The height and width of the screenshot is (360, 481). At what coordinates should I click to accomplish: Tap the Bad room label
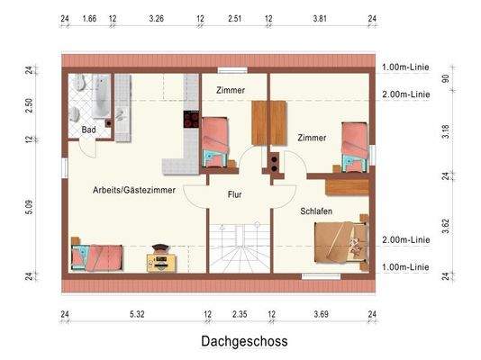click(x=88, y=130)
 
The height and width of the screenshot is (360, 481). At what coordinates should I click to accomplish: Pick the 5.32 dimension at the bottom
click(x=137, y=313)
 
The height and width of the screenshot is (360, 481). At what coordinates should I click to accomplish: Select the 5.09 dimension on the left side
click(x=29, y=207)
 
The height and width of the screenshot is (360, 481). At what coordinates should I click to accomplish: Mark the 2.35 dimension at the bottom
click(x=239, y=313)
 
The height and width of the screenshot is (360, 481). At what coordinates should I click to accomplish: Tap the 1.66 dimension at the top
click(x=89, y=17)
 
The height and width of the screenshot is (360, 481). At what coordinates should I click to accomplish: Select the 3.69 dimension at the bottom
click(x=322, y=313)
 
